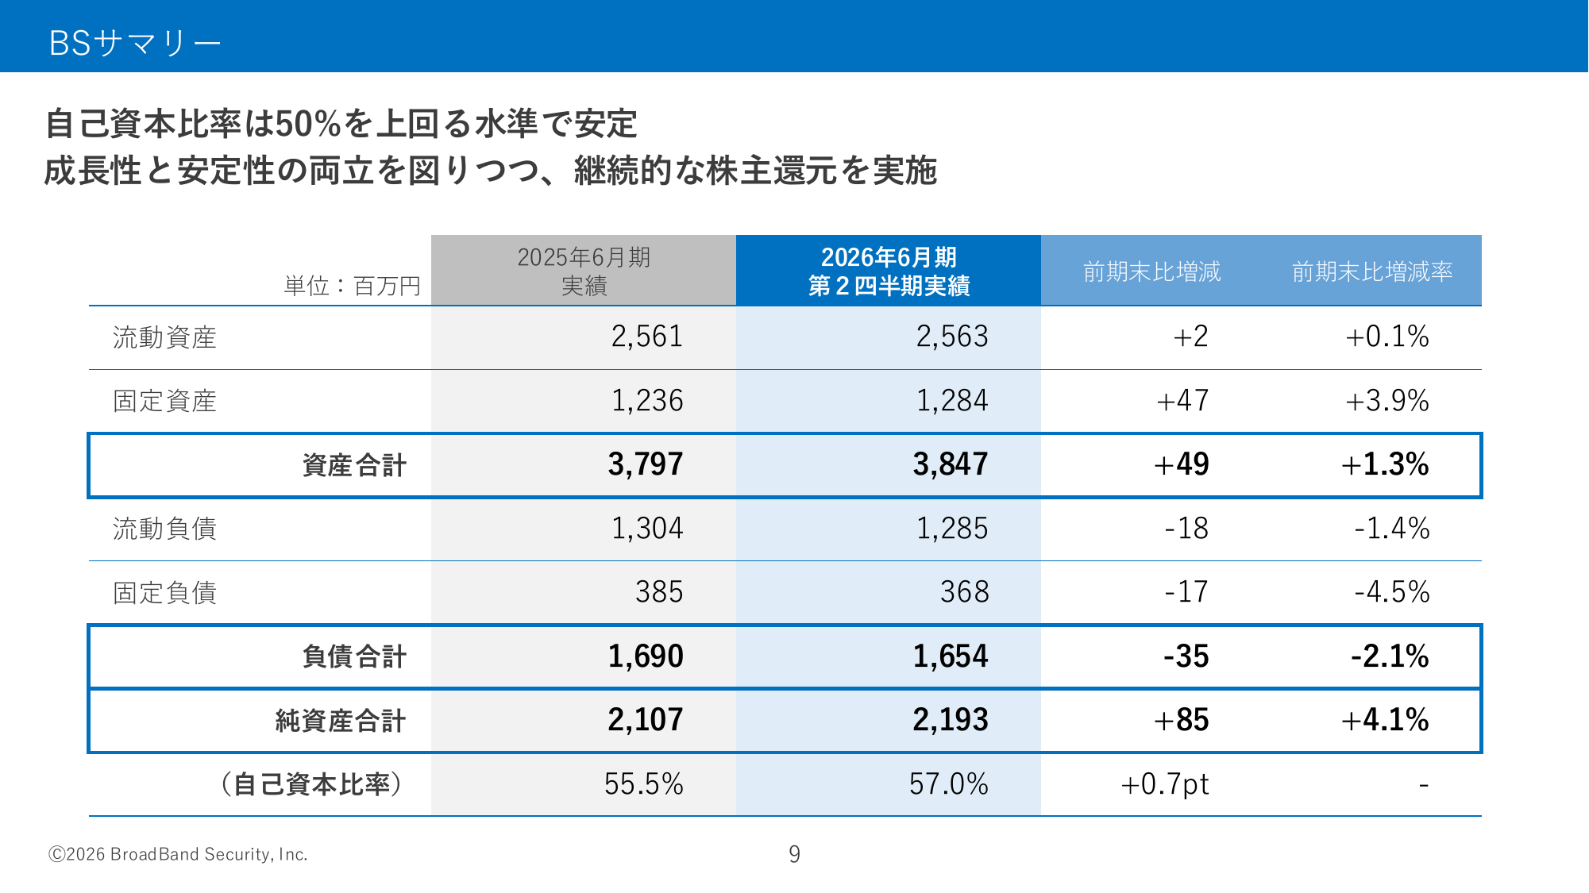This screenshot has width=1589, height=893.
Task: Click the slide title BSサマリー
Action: [134, 43]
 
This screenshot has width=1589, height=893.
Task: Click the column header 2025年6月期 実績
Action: [584, 271]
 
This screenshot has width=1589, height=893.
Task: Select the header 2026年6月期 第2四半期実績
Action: [889, 271]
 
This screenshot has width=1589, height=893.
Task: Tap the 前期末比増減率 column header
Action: [1371, 272]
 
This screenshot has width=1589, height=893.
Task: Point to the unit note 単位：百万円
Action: [353, 286]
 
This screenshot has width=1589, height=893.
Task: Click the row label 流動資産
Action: [164, 337]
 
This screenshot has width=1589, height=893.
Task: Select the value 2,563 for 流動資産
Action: [952, 337]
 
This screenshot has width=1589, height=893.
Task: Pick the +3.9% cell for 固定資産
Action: [1387, 401]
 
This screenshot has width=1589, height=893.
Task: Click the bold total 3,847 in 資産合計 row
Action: [950, 464]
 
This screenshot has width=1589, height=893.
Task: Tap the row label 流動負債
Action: [164, 529]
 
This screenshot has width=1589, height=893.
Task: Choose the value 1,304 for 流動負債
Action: [646, 529]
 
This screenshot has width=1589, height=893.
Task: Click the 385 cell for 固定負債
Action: [658, 592]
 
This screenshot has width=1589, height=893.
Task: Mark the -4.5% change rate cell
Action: [1391, 592]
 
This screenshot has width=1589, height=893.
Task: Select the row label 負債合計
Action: [354, 656]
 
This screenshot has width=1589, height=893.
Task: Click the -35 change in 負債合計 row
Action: [1186, 656]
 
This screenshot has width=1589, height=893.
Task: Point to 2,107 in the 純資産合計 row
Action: [645, 720]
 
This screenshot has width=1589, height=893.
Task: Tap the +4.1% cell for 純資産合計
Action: [1385, 720]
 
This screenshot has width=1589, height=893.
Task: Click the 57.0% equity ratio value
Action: [948, 784]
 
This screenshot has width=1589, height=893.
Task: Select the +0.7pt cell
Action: [1164, 784]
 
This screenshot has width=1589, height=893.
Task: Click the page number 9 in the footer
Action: [794, 854]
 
